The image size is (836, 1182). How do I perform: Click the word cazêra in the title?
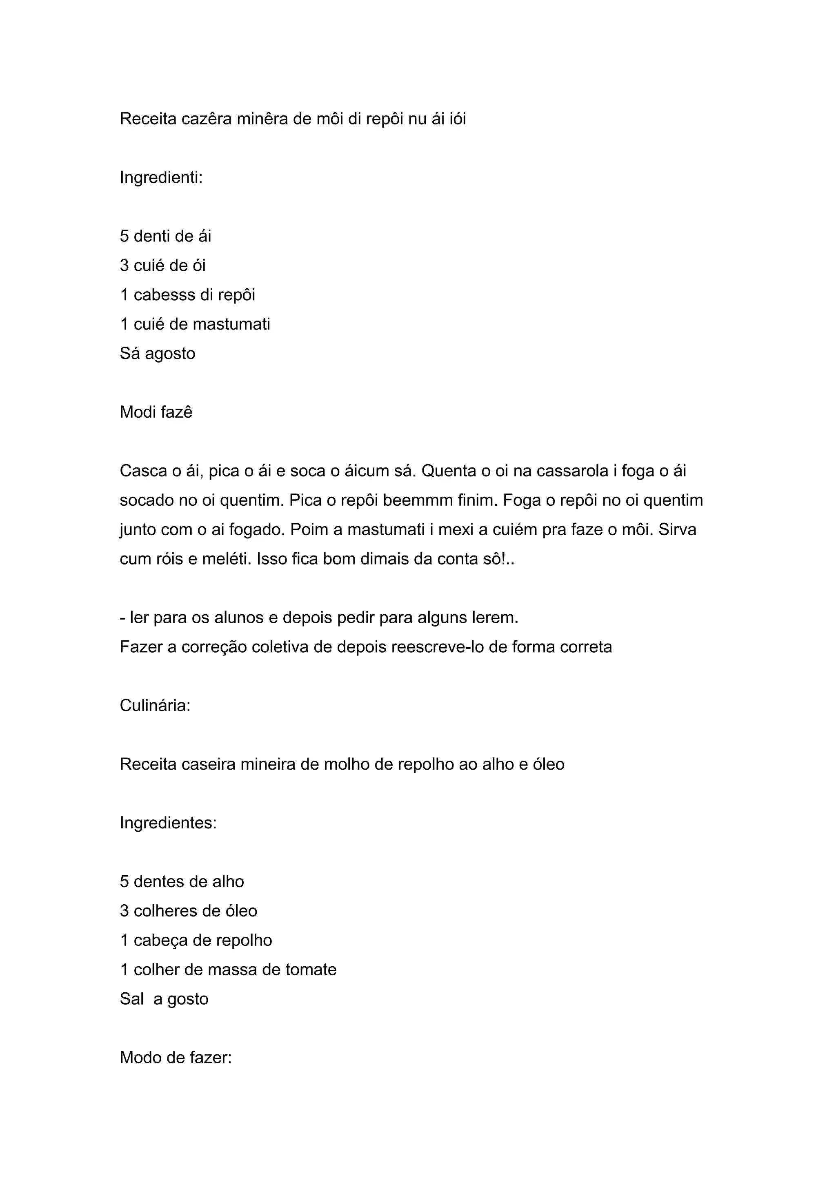tap(207, 119)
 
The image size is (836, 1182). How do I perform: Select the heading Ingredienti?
tap(161, 177)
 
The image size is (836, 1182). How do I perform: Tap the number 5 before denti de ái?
tap(124, 236)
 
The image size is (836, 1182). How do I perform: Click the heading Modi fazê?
tap(156, 412)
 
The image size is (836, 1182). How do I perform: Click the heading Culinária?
tap(155, 706)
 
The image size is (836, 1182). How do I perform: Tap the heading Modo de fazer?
tap(176, 1058)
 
